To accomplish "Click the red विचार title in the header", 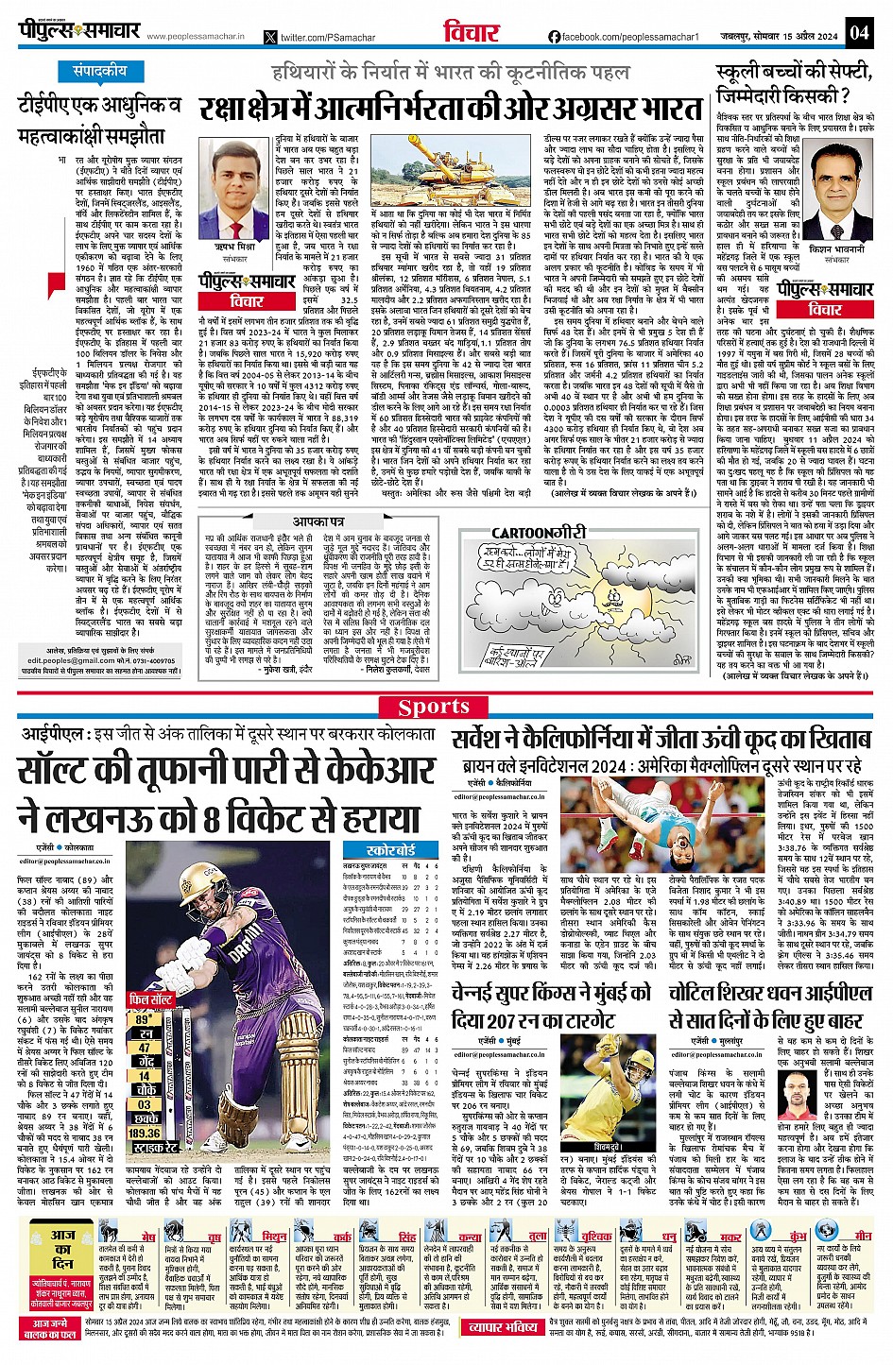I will click(471, 32).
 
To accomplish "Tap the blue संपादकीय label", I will click(99, 71).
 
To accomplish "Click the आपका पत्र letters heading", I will click(318, 521).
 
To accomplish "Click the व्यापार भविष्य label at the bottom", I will click(504, 1327).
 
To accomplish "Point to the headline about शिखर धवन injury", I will click(770, 1006).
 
